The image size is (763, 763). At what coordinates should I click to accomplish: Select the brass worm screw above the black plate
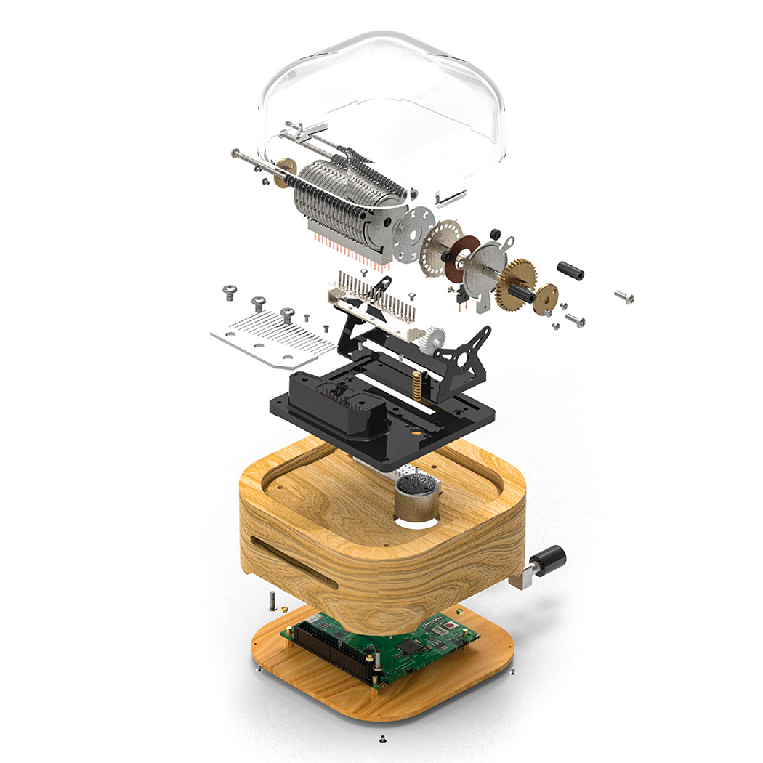(x=417, y=384)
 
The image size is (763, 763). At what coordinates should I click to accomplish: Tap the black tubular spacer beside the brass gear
(x=570, y=270)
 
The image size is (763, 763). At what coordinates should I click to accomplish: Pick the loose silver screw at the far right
(x=623, y=296)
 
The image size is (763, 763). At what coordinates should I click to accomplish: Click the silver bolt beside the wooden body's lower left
(x=270, y=600)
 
